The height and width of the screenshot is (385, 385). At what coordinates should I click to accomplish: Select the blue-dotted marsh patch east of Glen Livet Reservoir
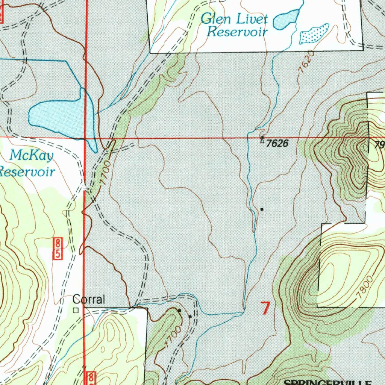coord(314,34)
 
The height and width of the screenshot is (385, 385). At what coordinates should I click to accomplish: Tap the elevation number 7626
coord(277,143)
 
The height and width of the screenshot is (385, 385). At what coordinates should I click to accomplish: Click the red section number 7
coord(265,308)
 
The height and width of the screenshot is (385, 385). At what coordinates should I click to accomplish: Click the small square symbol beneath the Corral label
coord(76,311)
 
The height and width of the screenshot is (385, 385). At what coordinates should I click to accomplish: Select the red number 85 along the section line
coord(58,248)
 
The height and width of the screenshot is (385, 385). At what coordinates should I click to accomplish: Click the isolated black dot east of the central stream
coord(262,209)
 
